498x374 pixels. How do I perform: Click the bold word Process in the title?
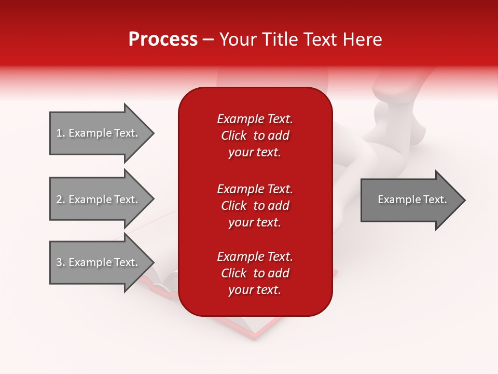pos(163,39)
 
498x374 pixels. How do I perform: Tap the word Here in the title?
pos(362,39)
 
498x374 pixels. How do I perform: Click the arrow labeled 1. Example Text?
pos(99,133)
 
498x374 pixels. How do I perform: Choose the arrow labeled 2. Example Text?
pos(99,199)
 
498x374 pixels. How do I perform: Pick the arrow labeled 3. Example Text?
pos(99,262)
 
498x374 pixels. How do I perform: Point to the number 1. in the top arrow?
pos(61,133)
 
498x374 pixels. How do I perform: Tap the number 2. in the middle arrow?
pos(61,199)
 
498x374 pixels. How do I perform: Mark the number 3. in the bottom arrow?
pos(61,262)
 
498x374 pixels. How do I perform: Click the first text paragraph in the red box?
pos(255,136)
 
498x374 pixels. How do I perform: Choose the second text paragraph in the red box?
pos(255,206)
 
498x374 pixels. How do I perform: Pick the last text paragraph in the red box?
pos(255,273)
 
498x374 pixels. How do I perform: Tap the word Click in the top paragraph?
pos(233,136)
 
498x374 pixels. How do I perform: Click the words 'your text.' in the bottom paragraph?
pos(255,290)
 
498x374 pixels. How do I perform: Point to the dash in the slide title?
pos(208,39)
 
